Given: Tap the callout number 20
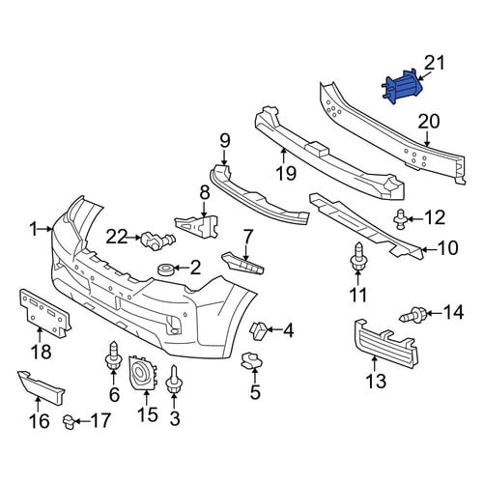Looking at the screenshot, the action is (429, 122).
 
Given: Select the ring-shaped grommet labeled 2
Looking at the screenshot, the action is (166, 269).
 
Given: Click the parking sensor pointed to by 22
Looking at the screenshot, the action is (157, 239).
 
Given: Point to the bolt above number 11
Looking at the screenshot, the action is (357, 258).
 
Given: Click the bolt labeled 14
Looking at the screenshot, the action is (413, 315).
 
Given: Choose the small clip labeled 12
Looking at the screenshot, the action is (400, 218).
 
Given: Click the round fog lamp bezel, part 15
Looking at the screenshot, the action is (142, 373).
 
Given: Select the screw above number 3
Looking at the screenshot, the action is (174, 379).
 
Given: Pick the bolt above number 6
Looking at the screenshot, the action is (113, 355).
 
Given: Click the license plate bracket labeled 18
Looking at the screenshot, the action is (44, 312).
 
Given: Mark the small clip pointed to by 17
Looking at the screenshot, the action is (69, 421).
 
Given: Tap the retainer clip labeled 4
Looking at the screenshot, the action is (258, 330).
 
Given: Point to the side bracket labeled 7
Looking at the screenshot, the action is (242, 263).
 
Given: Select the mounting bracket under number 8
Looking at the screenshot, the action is (197, 226).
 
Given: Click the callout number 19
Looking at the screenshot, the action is (286, 174).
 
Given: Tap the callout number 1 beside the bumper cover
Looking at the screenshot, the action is (34, 229).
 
